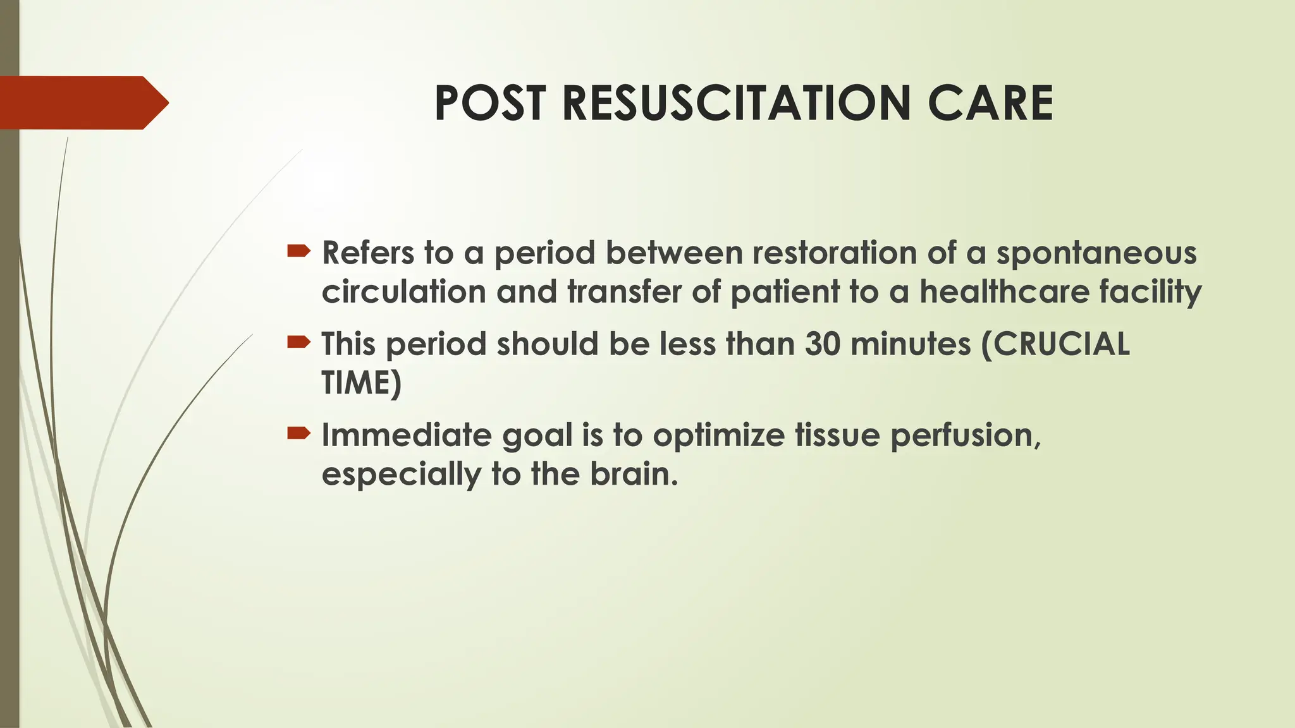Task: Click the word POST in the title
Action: pyautogui.click(x=489, y=104)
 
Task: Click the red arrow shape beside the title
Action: pyautogui.click(x=82, y=102)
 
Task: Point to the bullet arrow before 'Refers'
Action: pyautogui.click(x=298, y=252)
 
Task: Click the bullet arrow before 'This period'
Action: pyautogui.click(x=298, y=343)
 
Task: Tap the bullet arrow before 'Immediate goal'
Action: pyautogui.click(x=298, y=434)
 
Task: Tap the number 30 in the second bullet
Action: pyautogui.click(x=822, y=344)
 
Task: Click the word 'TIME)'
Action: pyautogui.click(x=361, y=384)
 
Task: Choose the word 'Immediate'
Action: pyautogui.click(x=407, y=435)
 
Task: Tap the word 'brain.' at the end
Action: pyautogui.click(x=634, y=475)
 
